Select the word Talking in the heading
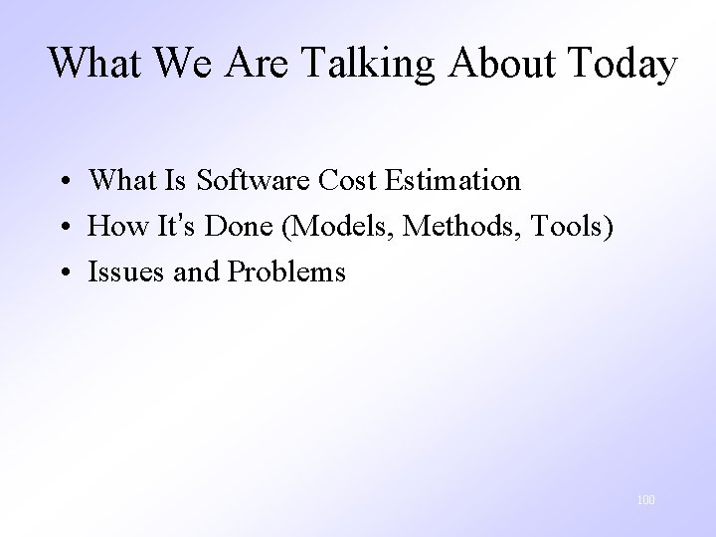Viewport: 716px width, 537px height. (363, 64)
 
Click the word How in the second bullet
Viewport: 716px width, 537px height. (116, 226)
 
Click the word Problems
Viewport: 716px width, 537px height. (287, 271)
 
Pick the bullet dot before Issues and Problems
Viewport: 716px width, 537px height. (63, 272)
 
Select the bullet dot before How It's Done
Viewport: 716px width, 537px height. (63, 227)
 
